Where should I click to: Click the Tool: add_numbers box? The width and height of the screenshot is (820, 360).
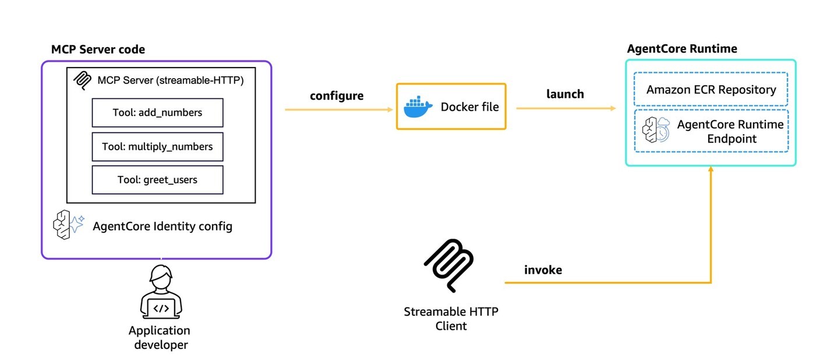(x=157, y=113)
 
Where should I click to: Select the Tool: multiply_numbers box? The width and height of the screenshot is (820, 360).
(x=157, y=147)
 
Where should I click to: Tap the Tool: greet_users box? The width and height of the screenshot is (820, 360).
(x=157, y=180)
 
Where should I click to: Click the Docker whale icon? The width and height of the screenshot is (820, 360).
(x=418, y=107)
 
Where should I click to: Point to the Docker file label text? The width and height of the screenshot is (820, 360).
(x=469, y=107)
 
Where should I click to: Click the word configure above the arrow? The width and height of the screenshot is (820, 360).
(x=337, y=96)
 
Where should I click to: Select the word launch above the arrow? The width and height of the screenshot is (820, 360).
(x=565, y=94)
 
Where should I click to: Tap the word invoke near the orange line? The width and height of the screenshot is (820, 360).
(x=543, y=270)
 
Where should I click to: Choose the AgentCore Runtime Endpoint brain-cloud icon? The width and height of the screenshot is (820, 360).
(x=656, y=130)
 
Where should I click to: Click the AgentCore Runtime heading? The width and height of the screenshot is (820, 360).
(x=681, y=49)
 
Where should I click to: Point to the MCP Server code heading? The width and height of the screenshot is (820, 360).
(x=98, y=50)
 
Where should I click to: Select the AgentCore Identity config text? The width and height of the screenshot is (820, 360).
(x=162, y=227)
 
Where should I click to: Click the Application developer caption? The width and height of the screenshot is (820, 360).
(x=160, y=338)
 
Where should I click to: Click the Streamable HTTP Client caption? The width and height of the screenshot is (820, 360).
(x=451, y=319)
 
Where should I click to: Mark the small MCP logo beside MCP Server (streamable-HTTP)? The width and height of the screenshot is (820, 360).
(x=82, y=80)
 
